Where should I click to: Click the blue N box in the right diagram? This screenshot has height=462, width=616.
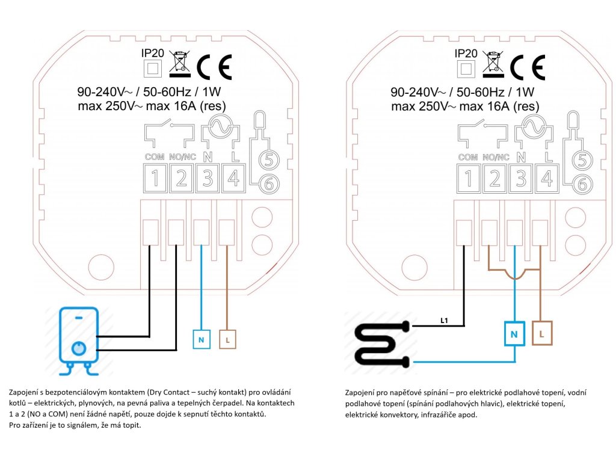pyautogui.click(x=514, y=333)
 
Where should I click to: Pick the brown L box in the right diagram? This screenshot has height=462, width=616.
pyautogui.click(x=542, y=333)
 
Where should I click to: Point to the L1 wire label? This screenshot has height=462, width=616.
pyautogui.click(x=445, y=321)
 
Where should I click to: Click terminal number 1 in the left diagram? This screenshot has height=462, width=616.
pyautogui.click(x=155, y=179)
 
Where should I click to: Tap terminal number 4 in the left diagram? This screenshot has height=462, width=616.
pyautogui.click(x=233, y=179)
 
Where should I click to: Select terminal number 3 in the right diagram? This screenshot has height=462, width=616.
pyautogui.click(x=520, y=179)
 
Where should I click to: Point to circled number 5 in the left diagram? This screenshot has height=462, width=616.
pyautogui.click(x=268, y=160)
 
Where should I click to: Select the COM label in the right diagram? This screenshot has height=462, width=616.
pyautogui.click(x=468, y=158)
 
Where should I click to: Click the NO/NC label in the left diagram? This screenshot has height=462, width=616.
pyautogui.click(x=182, y=158)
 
